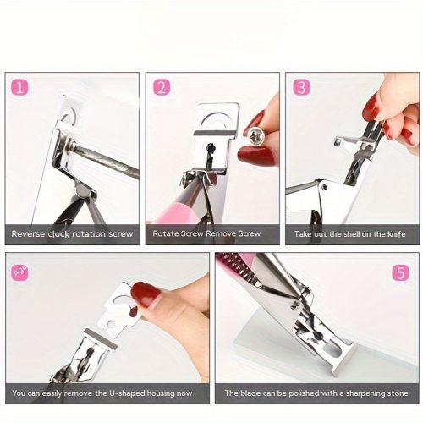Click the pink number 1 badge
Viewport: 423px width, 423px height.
pos(19,87)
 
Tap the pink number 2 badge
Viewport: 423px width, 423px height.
pos(162,87)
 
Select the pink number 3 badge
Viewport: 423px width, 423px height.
pos(301,87)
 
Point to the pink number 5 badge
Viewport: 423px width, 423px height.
pos(401,272)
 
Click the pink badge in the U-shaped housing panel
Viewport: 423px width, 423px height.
pos(20,272)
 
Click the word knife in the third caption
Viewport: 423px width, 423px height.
pos(396,233)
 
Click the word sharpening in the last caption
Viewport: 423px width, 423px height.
pos(367,393)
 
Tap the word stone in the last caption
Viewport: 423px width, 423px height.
pos(399,393)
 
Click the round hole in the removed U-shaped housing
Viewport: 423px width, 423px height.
pos(111,325)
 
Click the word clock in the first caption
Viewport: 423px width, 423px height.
pos(58,233)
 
